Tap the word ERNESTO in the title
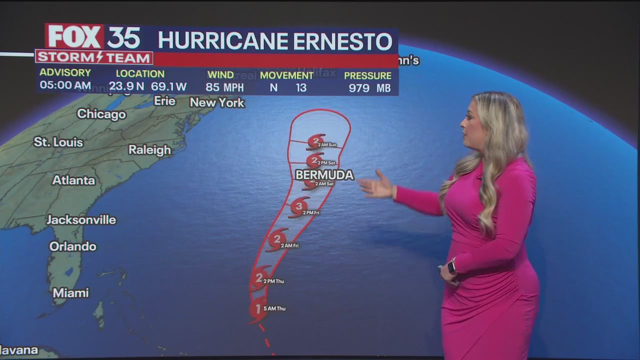342,41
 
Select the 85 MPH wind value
224,87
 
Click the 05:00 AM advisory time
65,85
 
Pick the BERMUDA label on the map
324,175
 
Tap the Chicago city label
101,114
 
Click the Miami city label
70,293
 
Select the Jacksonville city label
81,220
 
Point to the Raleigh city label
149,150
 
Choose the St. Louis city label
58,142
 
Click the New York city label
217,103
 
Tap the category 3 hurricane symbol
299,206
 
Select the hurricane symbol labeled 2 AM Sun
315,141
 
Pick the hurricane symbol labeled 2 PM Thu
259,278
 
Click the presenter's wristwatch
452,266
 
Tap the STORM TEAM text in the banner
94,57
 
